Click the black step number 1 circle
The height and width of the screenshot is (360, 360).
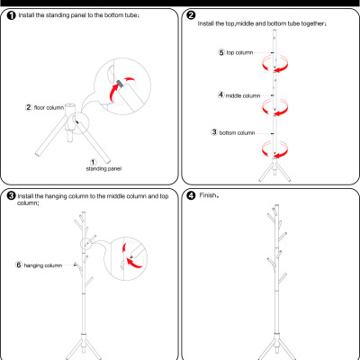pos(11,15)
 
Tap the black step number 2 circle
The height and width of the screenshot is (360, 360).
pos(191,15)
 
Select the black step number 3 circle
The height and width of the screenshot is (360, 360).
pos(11,196)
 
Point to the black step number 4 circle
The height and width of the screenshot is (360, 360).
pos(191,196)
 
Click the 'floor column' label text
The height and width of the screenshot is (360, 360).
pos(49,107)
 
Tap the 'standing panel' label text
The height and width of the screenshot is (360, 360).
pos(103,169)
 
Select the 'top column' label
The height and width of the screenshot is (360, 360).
pos(239,53)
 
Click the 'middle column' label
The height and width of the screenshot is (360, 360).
pos(243,95)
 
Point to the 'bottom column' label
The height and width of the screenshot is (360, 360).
pos(237,132)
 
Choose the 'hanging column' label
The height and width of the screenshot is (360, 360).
pos(43,265)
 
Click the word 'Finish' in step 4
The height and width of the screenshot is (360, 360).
pos(208,195)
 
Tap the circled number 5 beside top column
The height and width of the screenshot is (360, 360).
pos(221,52)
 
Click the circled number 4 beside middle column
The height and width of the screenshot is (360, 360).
pos(220,95)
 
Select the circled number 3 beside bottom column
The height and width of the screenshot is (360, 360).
pos(214,132)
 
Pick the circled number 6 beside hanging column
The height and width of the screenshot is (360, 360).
pos(19,265)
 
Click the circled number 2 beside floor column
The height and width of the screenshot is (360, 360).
pos(29,107)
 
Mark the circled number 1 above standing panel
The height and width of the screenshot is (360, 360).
pos(94,162)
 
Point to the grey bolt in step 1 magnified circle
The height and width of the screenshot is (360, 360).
pos(121,83)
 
